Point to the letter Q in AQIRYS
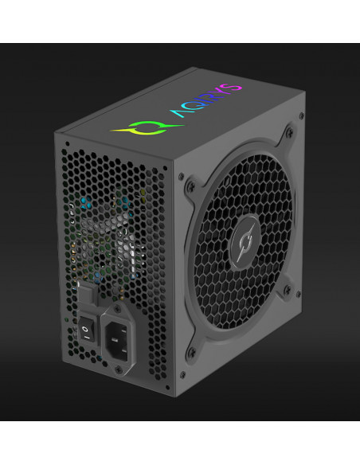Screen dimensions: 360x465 click(x=194, y=106)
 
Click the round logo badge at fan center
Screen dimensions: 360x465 click(x=245, y=242)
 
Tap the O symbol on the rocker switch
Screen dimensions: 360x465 click(x=85, y=329)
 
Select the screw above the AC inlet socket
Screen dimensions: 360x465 click(x=117, y=309)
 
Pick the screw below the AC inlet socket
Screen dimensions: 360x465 click(x=119, y=369)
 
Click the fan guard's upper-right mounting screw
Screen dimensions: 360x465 click(x=290, y=132)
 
